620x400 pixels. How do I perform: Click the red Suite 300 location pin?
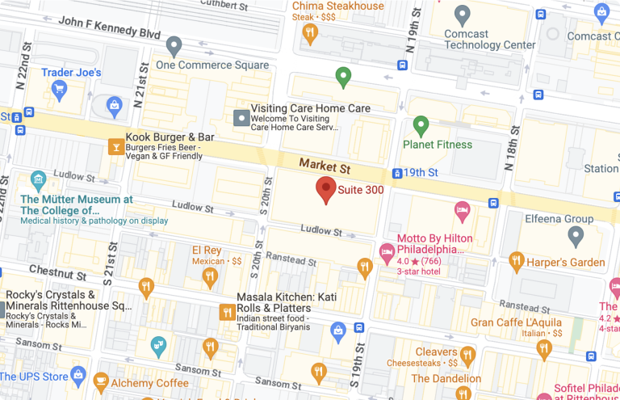pyautogui.click(x=326, y=189)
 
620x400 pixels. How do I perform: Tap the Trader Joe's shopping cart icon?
pyautogui.click(x=115, y=104)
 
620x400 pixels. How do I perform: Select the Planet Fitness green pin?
pyautogui.click(x=420, y=125)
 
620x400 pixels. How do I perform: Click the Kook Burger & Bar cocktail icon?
pyautogui.click(x=116, y=146)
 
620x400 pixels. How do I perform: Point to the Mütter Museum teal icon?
pyautogui.click(x=38, y=179)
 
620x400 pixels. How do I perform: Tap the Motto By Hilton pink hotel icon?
pyautogui.click(x=463, y=212)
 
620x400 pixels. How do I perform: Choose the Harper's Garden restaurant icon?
pyautogui.click(x=517, y=262)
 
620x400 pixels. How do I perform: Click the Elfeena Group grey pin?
pyautogui.click(x=576, y=235)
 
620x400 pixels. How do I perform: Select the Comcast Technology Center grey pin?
pyautogui.click(x=463, y=14)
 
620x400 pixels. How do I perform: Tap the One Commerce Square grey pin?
pyautogui.click(x=174, y=45)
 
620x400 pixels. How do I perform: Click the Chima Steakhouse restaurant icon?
pyautogui.click(x=310, y=32)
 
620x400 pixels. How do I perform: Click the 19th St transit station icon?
pyautogui.click(x=397, y=173)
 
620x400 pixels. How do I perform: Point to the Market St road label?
pyautogui.click(x=325, y=166)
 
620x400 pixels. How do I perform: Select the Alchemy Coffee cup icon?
pyautogui.click(x=101, y=382)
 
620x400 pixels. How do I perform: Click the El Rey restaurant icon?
pyautogui.click(x=210, y=277)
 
